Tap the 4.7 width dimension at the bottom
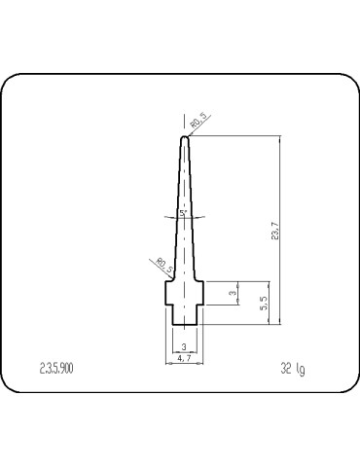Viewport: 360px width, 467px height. (x=185, y=358)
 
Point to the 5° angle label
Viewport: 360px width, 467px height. (x=183, y=211)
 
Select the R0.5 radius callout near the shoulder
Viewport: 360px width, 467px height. (x=162, y=265)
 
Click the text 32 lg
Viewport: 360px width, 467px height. (x=293, y=370)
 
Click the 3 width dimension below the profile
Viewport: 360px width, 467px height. (x=185, y=346)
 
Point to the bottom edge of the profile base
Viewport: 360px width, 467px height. (x=185, y=323)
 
